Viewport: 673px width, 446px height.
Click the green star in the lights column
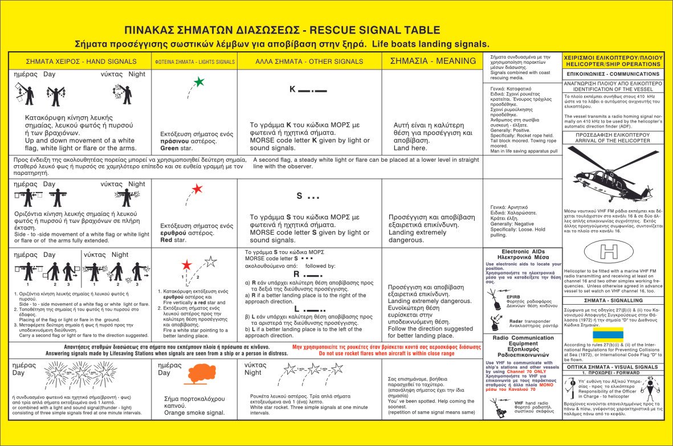point(198,82)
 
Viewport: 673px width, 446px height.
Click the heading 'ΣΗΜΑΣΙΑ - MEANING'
point(433,61)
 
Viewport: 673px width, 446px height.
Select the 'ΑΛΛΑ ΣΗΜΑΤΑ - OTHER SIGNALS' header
point(309,61)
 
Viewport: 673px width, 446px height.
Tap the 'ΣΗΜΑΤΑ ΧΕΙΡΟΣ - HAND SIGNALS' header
point(81,62)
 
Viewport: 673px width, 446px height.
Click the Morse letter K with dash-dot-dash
point(308,89)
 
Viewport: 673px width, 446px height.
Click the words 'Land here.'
point(410,148)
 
